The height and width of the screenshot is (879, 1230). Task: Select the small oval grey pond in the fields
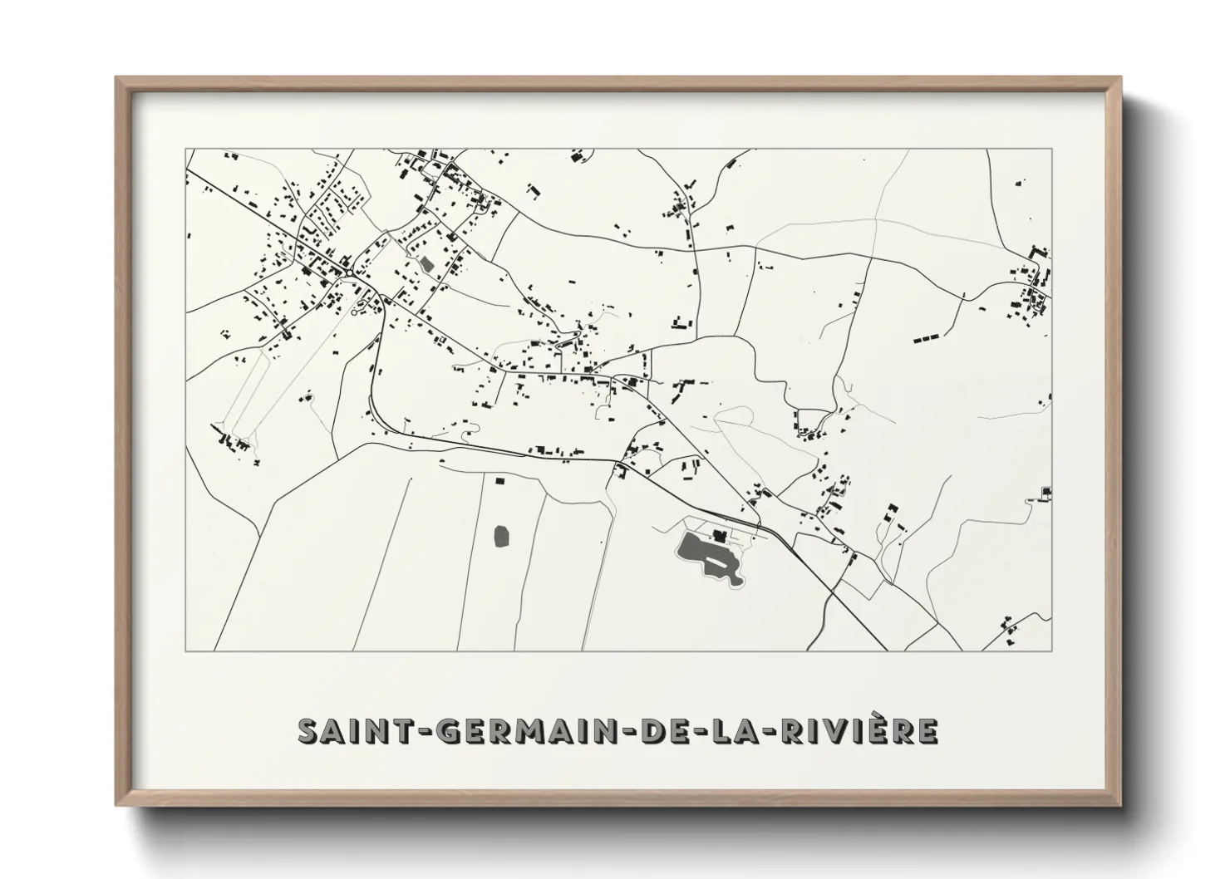[x=503, y=536]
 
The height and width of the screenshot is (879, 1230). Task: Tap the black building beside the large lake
[x=720, y=533]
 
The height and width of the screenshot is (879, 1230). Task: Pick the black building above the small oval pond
[x=499, y=479]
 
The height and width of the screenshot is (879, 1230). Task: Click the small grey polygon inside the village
[x=427, y=265]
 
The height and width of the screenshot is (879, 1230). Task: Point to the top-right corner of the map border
[x=1052, y=150]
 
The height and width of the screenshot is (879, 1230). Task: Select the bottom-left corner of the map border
[x=185, y=651]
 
